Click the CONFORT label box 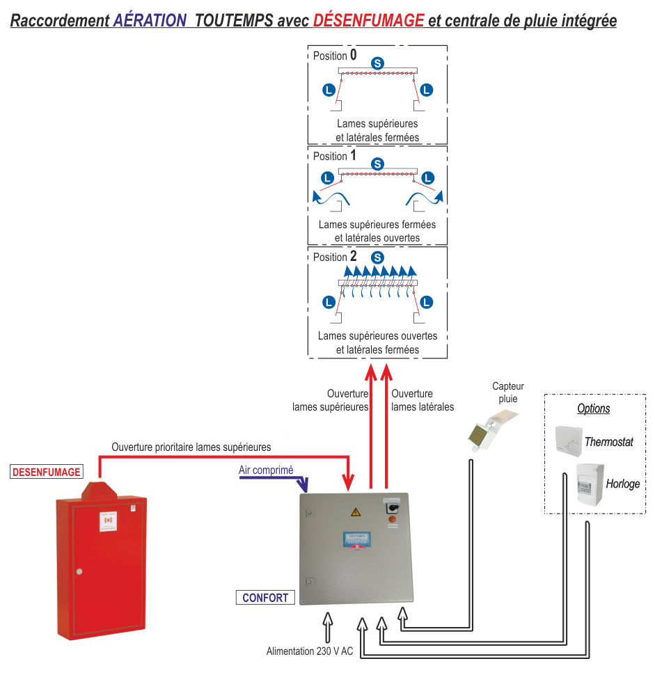click(x=265, y=598)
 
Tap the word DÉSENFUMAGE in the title click(x=368, y=20)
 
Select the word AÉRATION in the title click(x=150, y=20)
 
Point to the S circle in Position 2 click(x=377, y=257)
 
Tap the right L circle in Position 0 click(x=427, y=89)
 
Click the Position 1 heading click(x=335, y=157)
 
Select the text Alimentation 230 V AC click(x=310, y=652)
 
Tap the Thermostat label click(x=609, y=442)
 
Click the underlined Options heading click(x=594, y=409)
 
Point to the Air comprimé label click(x=266, y=470)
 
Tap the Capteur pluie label click(x=508, y=393)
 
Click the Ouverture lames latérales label click(x=423, y=400)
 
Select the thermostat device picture click(x=568, y=440)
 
